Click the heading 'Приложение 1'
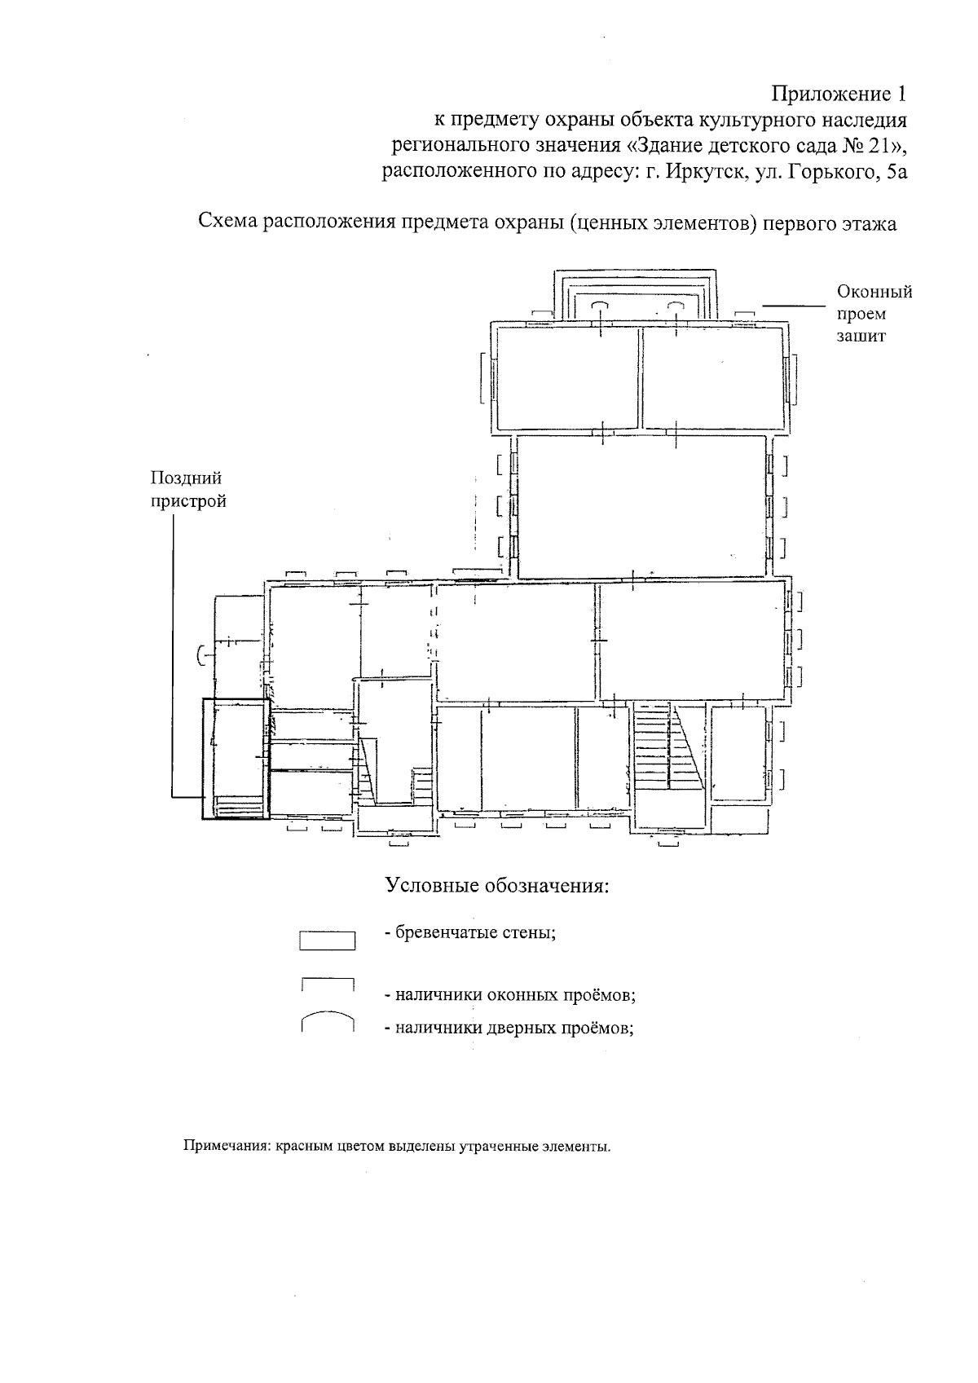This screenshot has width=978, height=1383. click(x=839, y=93)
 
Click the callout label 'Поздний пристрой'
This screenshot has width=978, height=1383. click(x=187, y=490)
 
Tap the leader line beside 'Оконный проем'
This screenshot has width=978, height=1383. click(x=794, y=306)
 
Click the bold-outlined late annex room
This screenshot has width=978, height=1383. click(x=236, y=758)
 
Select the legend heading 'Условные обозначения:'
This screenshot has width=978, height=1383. click(x=497, y=886)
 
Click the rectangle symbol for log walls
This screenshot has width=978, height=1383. click(x=327, y=940)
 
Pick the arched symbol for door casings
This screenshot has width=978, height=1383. click(x=327, y=1020)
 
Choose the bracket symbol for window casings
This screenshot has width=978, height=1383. click(x=327, y=983)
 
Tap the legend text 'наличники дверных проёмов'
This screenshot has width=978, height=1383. click(x=513, y=1028)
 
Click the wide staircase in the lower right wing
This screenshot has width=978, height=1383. click(x=657, y=746)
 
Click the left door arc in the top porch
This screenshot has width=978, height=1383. click(x=599, y=304)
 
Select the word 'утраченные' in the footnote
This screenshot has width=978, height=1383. click(x=502, y=1147)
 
